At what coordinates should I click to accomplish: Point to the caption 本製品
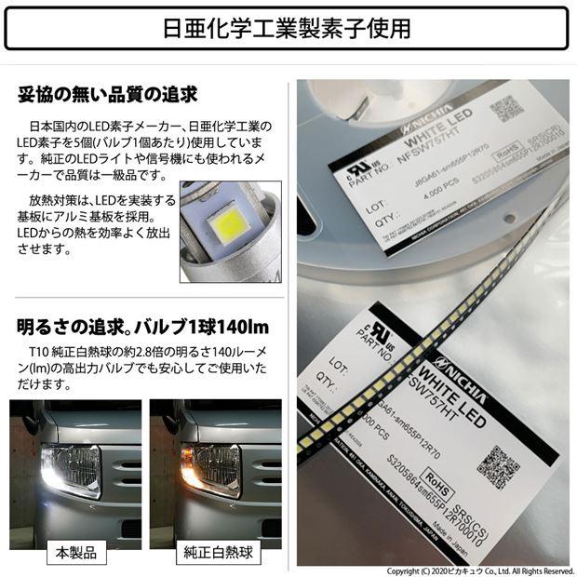pyautogui.click(x=75, y=552)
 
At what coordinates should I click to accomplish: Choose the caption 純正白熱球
pyautogui.click(x=215, y=552)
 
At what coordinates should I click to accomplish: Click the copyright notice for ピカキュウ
pyautogui.click(x=480, y=570)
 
